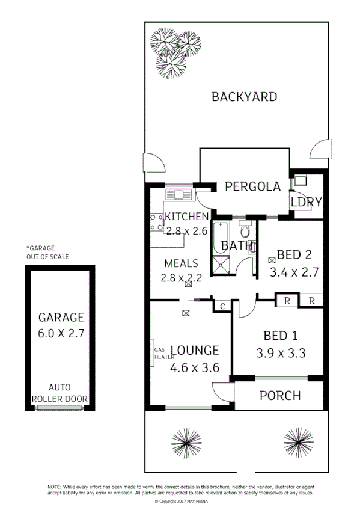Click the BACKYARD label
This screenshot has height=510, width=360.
tap(244, 97)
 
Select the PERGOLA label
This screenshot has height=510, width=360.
tap(252, 186)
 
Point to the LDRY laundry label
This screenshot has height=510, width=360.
tap(307, 202)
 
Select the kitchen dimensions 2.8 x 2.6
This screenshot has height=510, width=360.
tap(187, 230)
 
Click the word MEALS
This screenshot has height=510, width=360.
tap(182, 263)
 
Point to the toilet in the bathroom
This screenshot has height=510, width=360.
tap(245, 229)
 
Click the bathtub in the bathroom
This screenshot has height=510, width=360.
tap(219, 238)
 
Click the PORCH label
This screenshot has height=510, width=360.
tap(279, 396)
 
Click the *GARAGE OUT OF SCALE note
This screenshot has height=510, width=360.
tap(47, 252)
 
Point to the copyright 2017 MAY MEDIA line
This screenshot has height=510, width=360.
tap(180, 500)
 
